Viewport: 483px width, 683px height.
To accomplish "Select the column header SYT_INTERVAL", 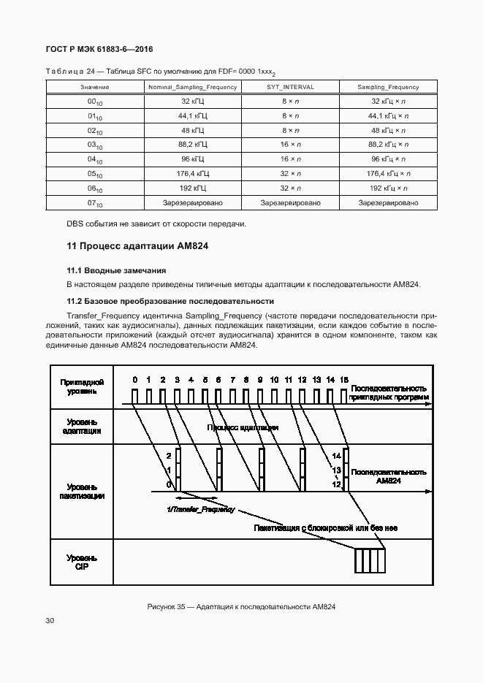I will point(289,87).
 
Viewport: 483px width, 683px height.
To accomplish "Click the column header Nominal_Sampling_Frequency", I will point(192,87).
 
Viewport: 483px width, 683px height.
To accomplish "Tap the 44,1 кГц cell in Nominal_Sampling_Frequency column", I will point(193,116).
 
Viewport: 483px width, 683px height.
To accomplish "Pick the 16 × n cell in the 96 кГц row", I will point(289,159).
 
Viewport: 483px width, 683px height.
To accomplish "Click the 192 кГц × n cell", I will point(387,188).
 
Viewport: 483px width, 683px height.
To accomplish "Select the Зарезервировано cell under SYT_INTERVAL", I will point(289,202).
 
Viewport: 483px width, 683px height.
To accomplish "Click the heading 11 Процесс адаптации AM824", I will point(137,246).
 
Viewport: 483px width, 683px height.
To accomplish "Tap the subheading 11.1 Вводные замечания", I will point(116,270).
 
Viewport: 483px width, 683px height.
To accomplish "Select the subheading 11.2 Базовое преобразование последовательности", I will point(170,300).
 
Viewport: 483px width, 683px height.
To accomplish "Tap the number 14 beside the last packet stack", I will point(336,456).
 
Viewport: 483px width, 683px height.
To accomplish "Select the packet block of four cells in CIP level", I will point(368,561).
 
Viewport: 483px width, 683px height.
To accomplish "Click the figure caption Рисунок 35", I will point(241,606).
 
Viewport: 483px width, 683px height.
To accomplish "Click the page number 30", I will point(50,621).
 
